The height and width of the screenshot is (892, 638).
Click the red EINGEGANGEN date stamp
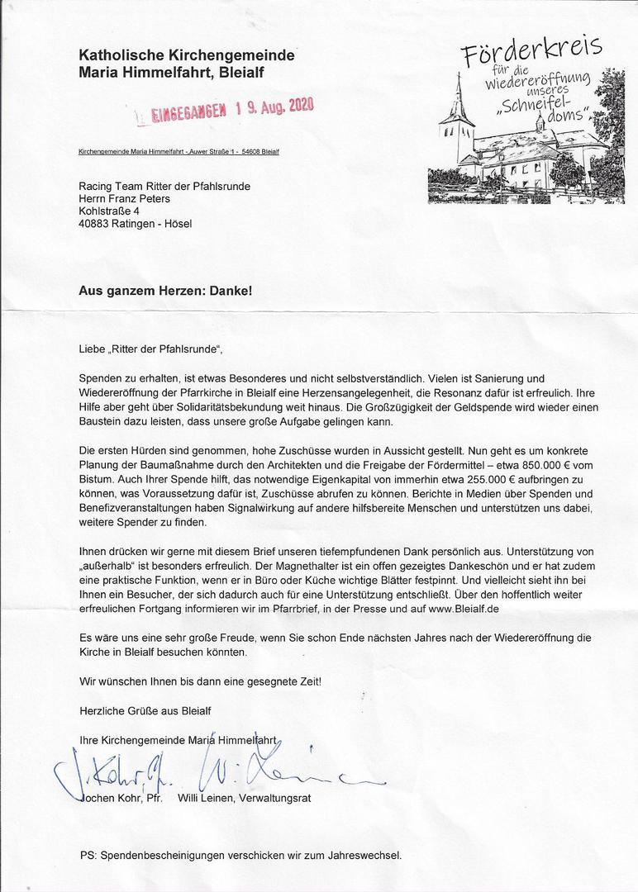(x=226, y=110)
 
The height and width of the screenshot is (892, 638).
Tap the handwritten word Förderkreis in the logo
(x=532, y=54)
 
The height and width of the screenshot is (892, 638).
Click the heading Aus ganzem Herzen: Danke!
(x=165, y=291)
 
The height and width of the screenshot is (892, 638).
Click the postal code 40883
(x=94, y=223)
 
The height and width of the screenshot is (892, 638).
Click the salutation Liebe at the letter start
(x=93, y=349)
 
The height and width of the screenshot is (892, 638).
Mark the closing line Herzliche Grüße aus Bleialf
(x=145, y=710)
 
